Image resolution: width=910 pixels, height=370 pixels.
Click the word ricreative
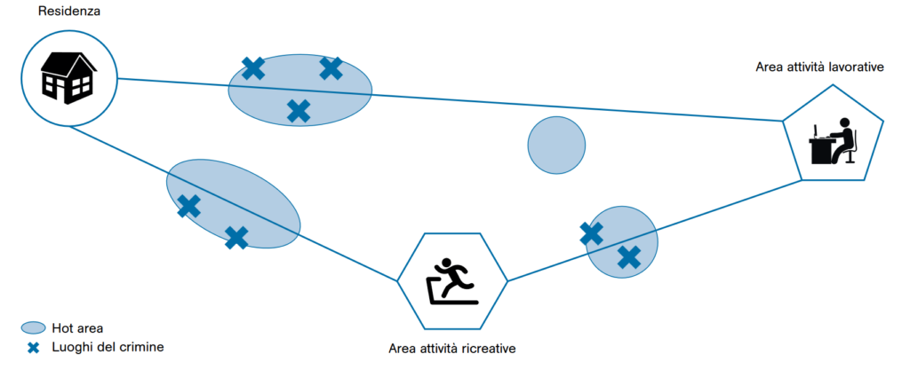[x=485, y=348]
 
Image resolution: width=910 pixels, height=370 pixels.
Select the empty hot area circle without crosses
[x=556, y=145]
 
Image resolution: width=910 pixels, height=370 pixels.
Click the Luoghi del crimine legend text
[x=108, y=347]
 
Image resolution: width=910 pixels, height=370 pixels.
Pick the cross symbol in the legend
[x=34, y=347]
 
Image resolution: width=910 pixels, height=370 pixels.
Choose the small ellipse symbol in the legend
[x=34, y=327]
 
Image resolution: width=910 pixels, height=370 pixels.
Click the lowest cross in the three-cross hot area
[x=299, y=111]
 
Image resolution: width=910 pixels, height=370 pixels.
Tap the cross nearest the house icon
[x=253, y=68]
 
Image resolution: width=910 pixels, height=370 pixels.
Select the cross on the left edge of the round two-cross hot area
[x=591, y=233]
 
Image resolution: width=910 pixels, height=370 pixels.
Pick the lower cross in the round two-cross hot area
[x=629, y=257]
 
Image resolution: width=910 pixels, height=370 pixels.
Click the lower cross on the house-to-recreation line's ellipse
[x=236, y=237]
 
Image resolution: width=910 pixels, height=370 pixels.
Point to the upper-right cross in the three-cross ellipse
[x=331, y=67]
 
